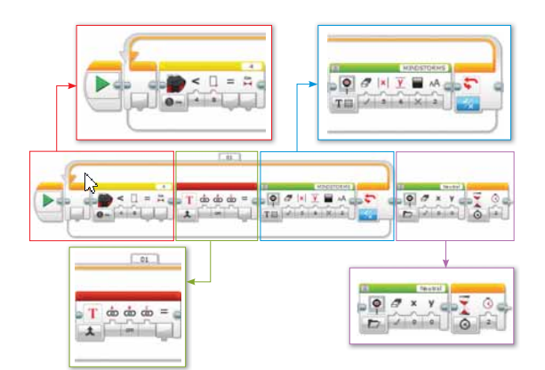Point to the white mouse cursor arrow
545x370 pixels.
[x=90, y=181]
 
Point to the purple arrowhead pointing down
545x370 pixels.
[x=445, y=262]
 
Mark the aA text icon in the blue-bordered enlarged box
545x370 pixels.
[x=437, y=85]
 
